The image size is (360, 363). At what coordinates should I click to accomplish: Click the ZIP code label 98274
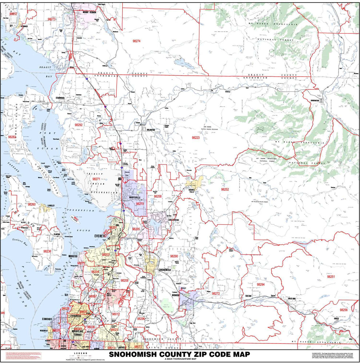click(136, 42)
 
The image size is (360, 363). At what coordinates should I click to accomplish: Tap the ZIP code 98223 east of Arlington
click(196, 138)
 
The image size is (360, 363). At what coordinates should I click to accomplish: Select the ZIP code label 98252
click(225, 189)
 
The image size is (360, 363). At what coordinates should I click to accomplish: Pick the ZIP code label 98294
click(260, 284)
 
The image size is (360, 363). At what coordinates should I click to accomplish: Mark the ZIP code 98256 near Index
click(343, 310)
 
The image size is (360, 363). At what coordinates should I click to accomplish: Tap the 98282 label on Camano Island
click(12, 137)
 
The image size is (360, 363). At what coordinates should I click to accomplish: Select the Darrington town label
click(315, 100)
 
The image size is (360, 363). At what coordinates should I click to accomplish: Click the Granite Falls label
click(192, 191)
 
